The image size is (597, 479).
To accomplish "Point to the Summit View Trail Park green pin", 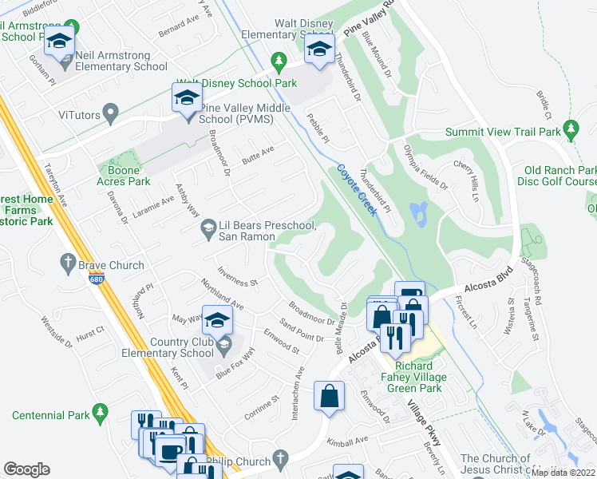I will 570,128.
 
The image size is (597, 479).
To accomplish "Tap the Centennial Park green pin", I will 100,411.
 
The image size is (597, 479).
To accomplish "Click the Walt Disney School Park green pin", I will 278,60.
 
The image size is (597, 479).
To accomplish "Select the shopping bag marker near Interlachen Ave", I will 330,396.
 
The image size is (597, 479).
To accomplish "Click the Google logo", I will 27,469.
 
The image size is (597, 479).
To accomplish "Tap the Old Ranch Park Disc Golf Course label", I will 560,176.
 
